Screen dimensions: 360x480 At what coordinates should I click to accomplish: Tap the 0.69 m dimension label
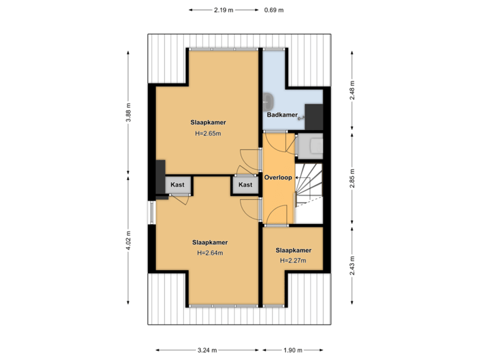click(x=273, y=10)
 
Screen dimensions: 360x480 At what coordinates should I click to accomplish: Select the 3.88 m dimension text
click(x=128, y=112)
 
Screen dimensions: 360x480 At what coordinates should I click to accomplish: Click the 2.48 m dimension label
click(x=352, y=90)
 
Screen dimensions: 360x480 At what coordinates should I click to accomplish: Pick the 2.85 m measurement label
click(x=352, y=179)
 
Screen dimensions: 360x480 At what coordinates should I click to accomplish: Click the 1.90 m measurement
click(x=293, y=350)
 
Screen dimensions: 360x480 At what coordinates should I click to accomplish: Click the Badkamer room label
click(x=282, y=115)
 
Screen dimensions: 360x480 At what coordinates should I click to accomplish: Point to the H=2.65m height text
click(x=207, y=133)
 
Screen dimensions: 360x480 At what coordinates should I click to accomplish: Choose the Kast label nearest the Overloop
click(x=245, y=185)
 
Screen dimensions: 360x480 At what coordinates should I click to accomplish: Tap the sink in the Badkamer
click(x=269, y=101)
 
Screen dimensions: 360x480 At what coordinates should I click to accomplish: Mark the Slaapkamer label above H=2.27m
click(x=293, y=250)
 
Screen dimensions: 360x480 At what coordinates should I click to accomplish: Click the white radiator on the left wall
click(x=151, y=213)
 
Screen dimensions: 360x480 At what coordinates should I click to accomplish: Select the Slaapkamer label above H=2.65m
click(x=207, y=123)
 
